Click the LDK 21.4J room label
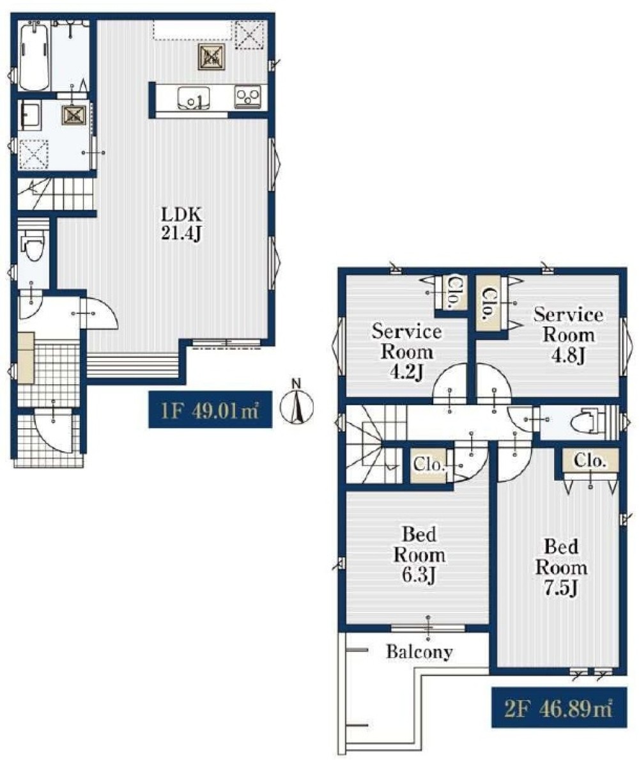click(x=181, y=224)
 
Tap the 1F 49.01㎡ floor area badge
click(x=210, y=410)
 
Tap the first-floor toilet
click(x=33, y=245)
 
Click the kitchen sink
click(x=194, y=98)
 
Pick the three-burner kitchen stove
click(x=247, y=97)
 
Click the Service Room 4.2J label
click(x=406, y=352)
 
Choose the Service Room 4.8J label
click(x=568, y=335)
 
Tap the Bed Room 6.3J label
click(x=419, y=555)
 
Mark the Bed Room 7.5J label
click(x=561, y=568)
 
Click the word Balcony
click(x=420, y=651)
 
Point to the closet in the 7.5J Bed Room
click(x=590, y=460)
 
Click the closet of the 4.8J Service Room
click(x=490, y=304)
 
